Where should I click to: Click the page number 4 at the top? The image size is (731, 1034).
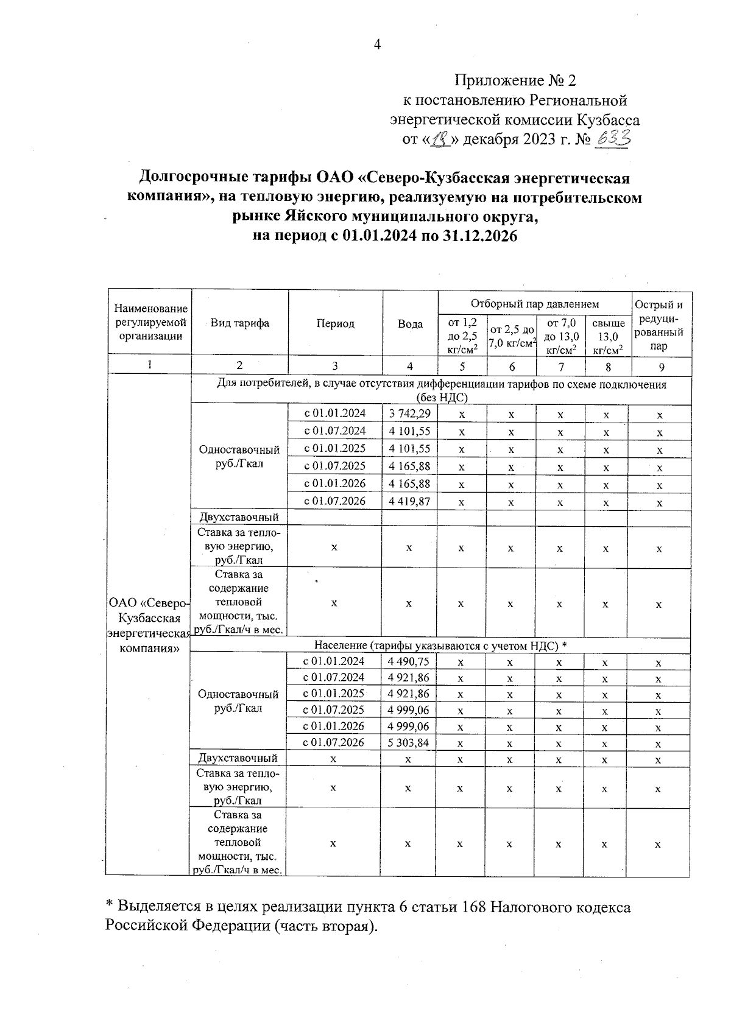(377, 44)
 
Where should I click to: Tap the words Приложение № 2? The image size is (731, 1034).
(515, 80)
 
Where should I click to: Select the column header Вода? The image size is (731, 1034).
(410, 324)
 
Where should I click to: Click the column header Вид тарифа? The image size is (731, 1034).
(239, 323)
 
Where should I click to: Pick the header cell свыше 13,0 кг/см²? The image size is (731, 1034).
(608, 337)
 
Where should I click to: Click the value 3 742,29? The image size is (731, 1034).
(409, 413)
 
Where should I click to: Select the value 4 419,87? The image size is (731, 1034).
(409, 501)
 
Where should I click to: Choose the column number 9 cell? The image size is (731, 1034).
(661, 367)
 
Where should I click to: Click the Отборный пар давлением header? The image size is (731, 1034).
(534, 304)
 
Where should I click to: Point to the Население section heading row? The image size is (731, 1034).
(440, 645)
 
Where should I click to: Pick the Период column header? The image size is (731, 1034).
(335, 324)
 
